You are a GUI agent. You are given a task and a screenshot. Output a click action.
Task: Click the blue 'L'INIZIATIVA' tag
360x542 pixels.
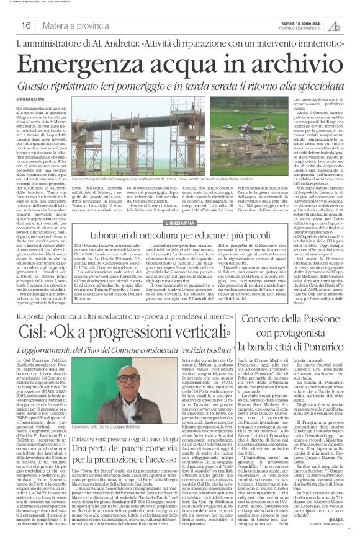point(180,222)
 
